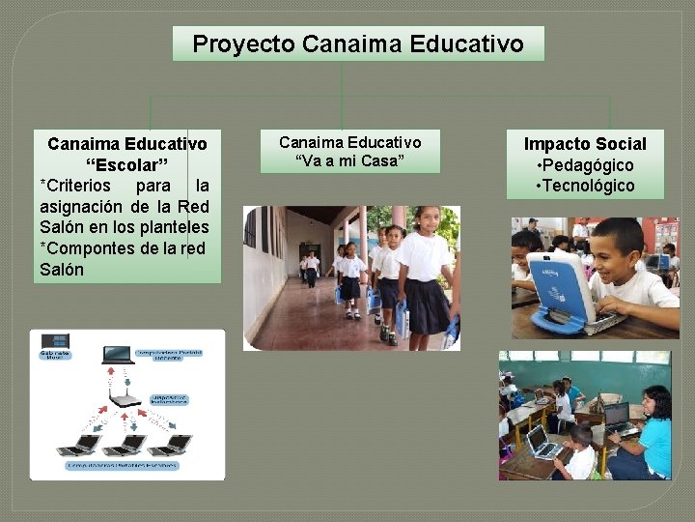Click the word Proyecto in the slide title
coord(243,44)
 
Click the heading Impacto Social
coord(585,144)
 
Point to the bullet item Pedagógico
coord(589,165)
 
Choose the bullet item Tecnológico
coord(589,186)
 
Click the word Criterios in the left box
coord(77,185)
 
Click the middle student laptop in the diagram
coord(125,445)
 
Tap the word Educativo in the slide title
coord(467,44)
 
